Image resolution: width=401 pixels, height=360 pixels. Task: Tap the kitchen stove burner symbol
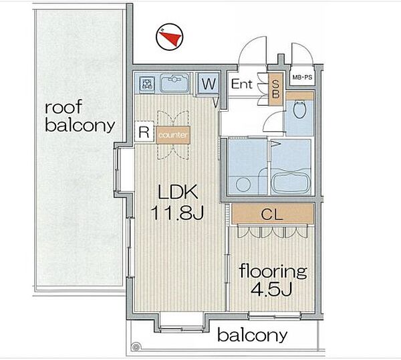pyautogui.click(x=147, y=84)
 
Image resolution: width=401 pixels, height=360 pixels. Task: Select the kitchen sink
pyautogui.click(x=174, y=82)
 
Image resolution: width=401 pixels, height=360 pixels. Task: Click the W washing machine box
pyautogui.click(x=209, y=83)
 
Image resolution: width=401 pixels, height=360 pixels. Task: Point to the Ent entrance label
pyautogui.click(x=242, y=84)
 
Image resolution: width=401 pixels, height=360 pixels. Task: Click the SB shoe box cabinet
pyautogui.click(x=275, y=89)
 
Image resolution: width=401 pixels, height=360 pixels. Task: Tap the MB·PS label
pyautogui.click(x=302, y=77)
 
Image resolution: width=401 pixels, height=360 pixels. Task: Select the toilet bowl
pyautogui.click(x=299, y=109)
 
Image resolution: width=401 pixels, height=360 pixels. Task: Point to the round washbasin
pyautogui.click(x=243, y=185)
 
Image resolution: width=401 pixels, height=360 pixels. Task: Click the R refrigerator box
pyautogui.click(x=144, y=132)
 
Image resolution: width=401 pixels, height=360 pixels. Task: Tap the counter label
pyautogui.click(x=173, y=135)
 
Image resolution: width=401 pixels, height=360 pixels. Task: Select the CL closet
pyautogui.click(x=273, y=214)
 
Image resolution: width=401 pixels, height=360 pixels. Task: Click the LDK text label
pyautogui.click(x=178, y=192)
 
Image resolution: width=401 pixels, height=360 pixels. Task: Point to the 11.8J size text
pyautogui.click(x=177, y=213)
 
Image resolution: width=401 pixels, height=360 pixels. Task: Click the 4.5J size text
pyautogui.click(x=271, y=289)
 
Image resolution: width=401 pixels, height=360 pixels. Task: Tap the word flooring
pyautogui.click(x=273, y=272)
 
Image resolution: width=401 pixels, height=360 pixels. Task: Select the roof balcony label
pyautogui.click(x=80, y=116)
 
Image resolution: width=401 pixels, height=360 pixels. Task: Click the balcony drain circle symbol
pyautogui.click(x=136, y=348)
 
